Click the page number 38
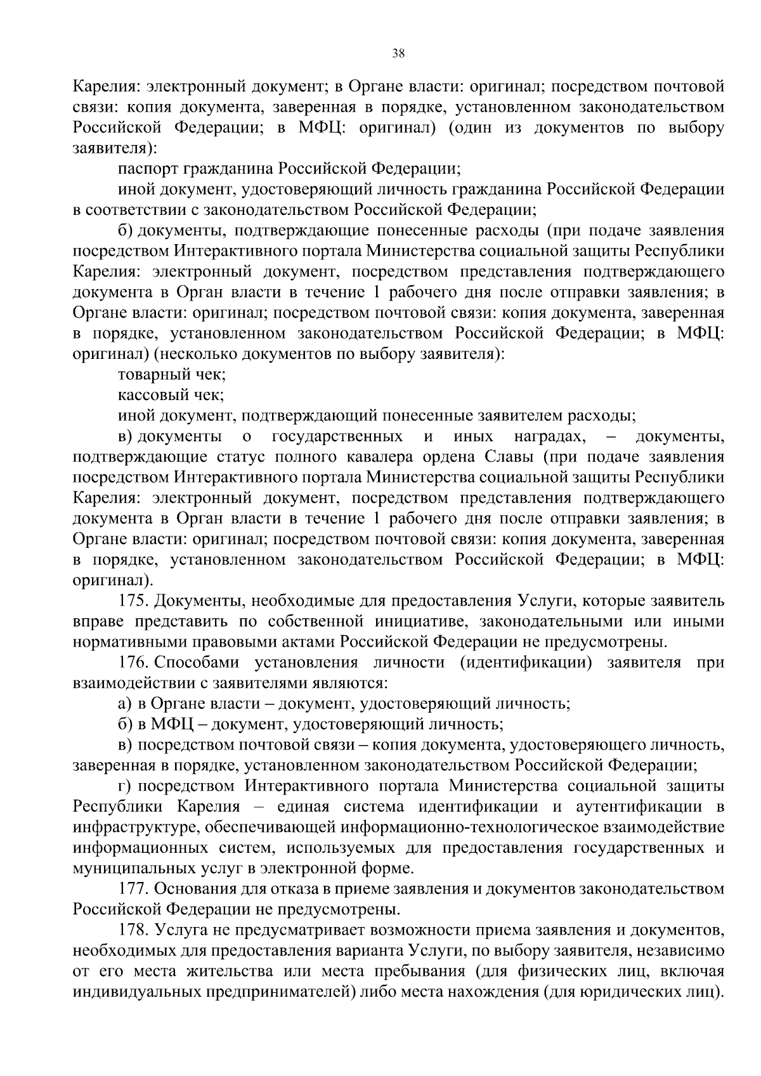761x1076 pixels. point(398,53)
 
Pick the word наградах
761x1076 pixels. point(550,436)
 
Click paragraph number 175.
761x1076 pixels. point(134,600)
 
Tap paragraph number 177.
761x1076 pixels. point(134,889)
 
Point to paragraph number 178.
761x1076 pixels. point(134,930)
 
